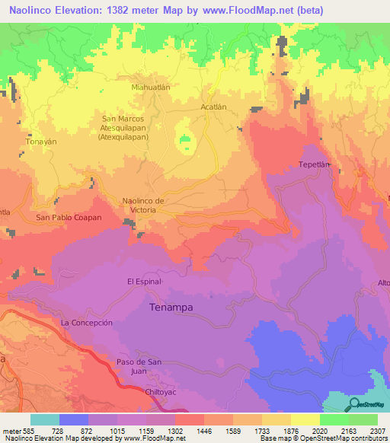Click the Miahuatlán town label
coord(150,88)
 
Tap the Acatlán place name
coord(214,107)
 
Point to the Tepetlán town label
coord(313,164)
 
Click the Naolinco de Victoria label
coord(144,205)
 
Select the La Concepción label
coord(87,323)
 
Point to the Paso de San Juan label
coord(140,365)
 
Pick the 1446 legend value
coord(204,430)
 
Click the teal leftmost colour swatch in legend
coord(45,419)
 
